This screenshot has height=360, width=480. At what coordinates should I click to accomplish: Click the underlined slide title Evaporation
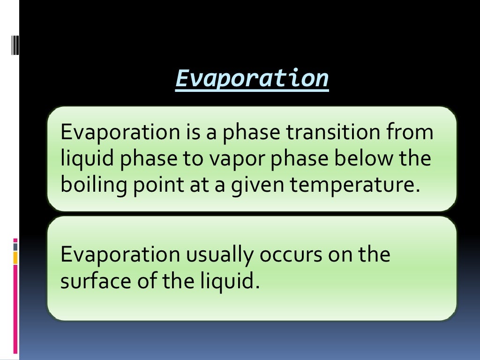pos(252,78)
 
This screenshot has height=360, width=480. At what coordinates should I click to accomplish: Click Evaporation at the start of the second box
pos(120,255)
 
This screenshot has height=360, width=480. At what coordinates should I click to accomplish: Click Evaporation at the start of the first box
pos(120,133)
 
